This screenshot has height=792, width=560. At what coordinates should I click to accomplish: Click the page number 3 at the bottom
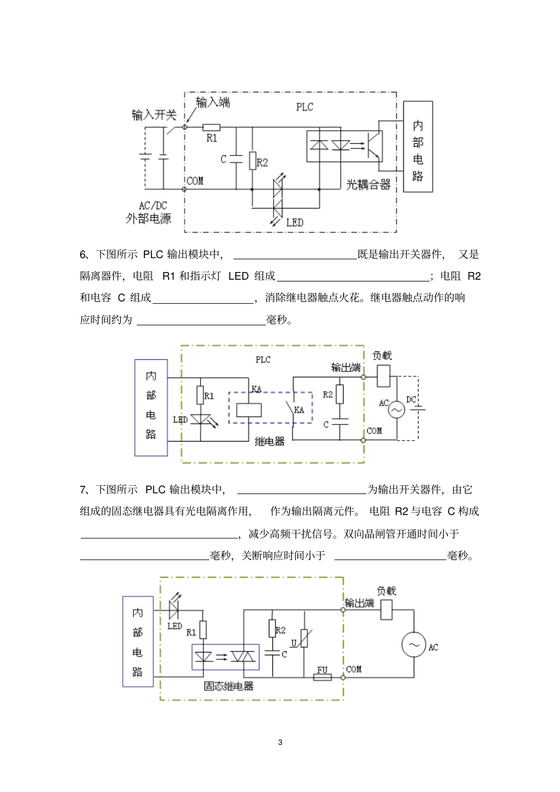coord(280,742)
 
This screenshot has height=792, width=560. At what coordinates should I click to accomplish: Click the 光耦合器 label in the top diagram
coord(368,185)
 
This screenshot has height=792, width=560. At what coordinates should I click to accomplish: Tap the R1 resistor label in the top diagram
coord(212,138)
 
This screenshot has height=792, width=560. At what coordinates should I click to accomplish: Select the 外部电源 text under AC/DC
coord(149,218)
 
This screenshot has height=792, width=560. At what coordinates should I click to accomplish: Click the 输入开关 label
coord(154,114)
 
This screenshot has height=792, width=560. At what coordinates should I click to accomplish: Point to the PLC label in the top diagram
coord(305,107)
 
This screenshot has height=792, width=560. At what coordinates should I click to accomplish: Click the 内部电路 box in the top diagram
coord(418,147)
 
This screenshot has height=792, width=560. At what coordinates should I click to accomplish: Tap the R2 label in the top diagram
coord(263,163)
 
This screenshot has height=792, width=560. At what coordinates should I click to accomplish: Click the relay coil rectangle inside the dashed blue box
coord(249,409)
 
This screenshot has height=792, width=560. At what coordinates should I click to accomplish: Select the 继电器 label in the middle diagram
coord(270,441)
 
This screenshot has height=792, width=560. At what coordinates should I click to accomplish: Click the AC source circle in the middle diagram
coord(396,409)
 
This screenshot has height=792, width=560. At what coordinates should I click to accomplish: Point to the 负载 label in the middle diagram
coord(382,356)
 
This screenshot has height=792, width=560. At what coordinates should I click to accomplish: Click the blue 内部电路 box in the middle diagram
coord(151,407)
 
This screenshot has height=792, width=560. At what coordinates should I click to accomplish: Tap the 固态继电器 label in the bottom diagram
coord(229,686)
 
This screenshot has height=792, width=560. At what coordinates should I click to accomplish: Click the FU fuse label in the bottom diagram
coord(322,670)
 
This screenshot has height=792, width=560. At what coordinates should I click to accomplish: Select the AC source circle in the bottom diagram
coord(414,645)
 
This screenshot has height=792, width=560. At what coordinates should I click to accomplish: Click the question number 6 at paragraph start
coord(83,254)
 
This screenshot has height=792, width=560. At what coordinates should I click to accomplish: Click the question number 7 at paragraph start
coord(83,489)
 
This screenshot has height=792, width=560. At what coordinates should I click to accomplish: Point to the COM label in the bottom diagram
coord(354,670)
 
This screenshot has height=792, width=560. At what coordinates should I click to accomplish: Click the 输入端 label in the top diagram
coord(213,102)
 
